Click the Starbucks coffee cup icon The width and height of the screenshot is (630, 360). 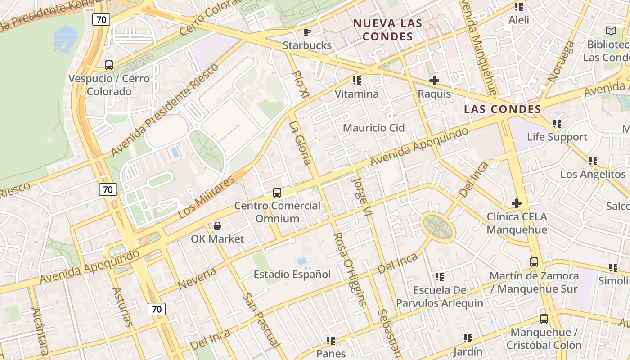pyautogui.click(x=307, y=32)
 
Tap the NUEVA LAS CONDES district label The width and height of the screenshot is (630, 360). pyautogui.click(x=387, y=30)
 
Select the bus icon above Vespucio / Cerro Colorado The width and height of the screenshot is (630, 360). pyautogui.click(x=108, y=65)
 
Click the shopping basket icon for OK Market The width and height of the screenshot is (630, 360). pyautogui.click(x=217, y=225)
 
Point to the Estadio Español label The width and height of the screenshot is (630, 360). pyautogui.click(x=292, y=274)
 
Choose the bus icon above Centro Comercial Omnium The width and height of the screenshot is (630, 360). pyautogui.click(x=277, y=193)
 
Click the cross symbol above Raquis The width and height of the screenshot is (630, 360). pyautogui.click(x=434, y=81)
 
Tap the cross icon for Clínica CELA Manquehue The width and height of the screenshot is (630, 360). pyautogui.click(x=517, y=203)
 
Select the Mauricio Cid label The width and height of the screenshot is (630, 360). pyautogui.click(x=374, y=128)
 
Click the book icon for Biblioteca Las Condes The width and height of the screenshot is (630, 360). pyautogui.click(x=611, y=31)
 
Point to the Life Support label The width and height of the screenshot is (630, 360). pyautogui.click(x=557, y=137)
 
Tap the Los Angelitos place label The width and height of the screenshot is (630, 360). pyautogui.click(x=593, y=174)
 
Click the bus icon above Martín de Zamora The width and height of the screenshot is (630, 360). pyautogui.click(x=534, y=262)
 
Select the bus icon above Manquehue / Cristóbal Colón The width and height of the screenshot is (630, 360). pyautogui.click(x=544, y=319)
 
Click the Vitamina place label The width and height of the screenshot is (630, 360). pyautogui.click(x=357, y=94)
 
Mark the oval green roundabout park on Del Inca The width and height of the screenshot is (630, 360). pyautogui.click(x=438, y=227)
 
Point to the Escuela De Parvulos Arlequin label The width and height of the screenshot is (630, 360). pyautogui.click(x=440, y=297)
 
